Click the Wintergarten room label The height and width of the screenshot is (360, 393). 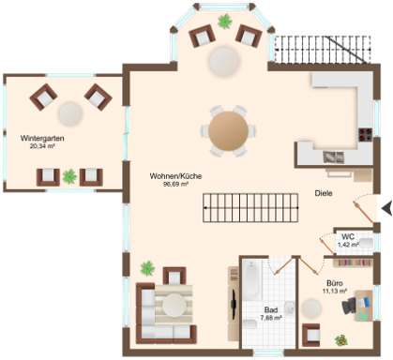(x=42, y=138)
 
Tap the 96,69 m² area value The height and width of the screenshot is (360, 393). (x=175, y=184)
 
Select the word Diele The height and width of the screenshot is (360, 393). (x=324, y=193)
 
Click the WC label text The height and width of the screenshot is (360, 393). (x=348, y=236)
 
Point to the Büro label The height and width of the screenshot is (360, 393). (x=335, y=283)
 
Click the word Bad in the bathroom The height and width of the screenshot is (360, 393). (x=271, y=310)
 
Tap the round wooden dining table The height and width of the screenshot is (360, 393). (x=229, y=131)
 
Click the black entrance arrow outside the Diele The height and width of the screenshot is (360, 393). (x=387, y=208)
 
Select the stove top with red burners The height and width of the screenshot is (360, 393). (x=365, y=135)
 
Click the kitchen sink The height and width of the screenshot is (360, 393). (x=334, y=157)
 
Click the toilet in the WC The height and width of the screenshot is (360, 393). (x=366, y=243)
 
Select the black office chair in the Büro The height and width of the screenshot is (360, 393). (x=349, y=306)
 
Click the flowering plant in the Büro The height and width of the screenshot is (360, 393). (x=341, y=340)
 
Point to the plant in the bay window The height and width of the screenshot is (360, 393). (x=225, y=22)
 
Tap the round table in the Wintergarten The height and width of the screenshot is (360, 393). (x=70, y=114)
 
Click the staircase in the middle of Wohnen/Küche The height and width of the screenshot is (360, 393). (x=250, y=208)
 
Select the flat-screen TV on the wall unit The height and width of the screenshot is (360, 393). (x=234, y=305)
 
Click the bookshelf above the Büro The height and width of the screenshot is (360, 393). (x=353, y=262)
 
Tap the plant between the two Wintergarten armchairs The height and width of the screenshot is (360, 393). (x=69, y=176)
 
